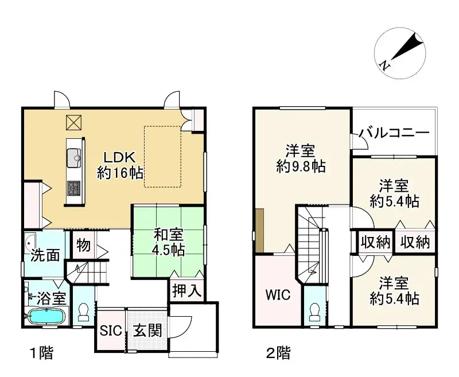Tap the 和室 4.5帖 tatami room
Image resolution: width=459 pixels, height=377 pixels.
pos(168,242)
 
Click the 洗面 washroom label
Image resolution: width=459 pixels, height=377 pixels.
pos(45,255)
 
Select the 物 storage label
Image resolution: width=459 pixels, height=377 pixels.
pos(83,246)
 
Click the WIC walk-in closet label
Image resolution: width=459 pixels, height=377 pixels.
pos(278,296)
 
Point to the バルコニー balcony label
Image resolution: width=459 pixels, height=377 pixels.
pos(395,134)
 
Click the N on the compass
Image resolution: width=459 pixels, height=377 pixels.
pos(386,66)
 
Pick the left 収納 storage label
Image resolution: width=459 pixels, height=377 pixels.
pos(375,243)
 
